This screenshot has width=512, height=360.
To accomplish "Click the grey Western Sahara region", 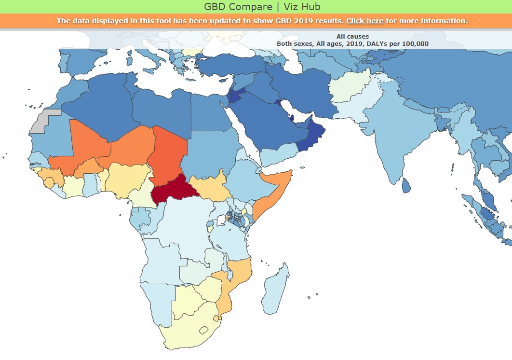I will coord(45,122).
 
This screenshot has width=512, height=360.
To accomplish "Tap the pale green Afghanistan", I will coord(350,86).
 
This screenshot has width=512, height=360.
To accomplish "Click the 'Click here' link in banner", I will coord(364,21).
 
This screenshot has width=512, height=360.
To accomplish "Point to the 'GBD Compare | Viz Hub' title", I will coord(256,7).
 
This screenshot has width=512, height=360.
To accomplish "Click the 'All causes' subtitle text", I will coord(352,37).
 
